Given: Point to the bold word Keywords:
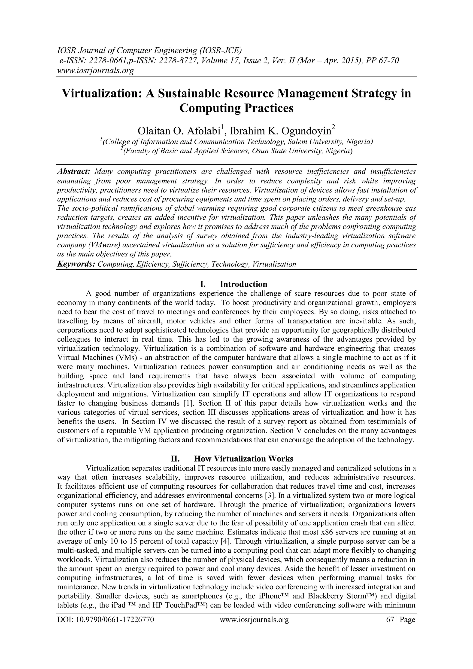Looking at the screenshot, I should pyautogui.click(x=76, y=264).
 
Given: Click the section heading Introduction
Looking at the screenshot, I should pyautogui.click(x=243, y=284).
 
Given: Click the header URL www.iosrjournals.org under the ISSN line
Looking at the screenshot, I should pyautogui.click(x=95, y=70).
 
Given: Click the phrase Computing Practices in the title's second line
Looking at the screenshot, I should pyautogui.click(x=236, y=108).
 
